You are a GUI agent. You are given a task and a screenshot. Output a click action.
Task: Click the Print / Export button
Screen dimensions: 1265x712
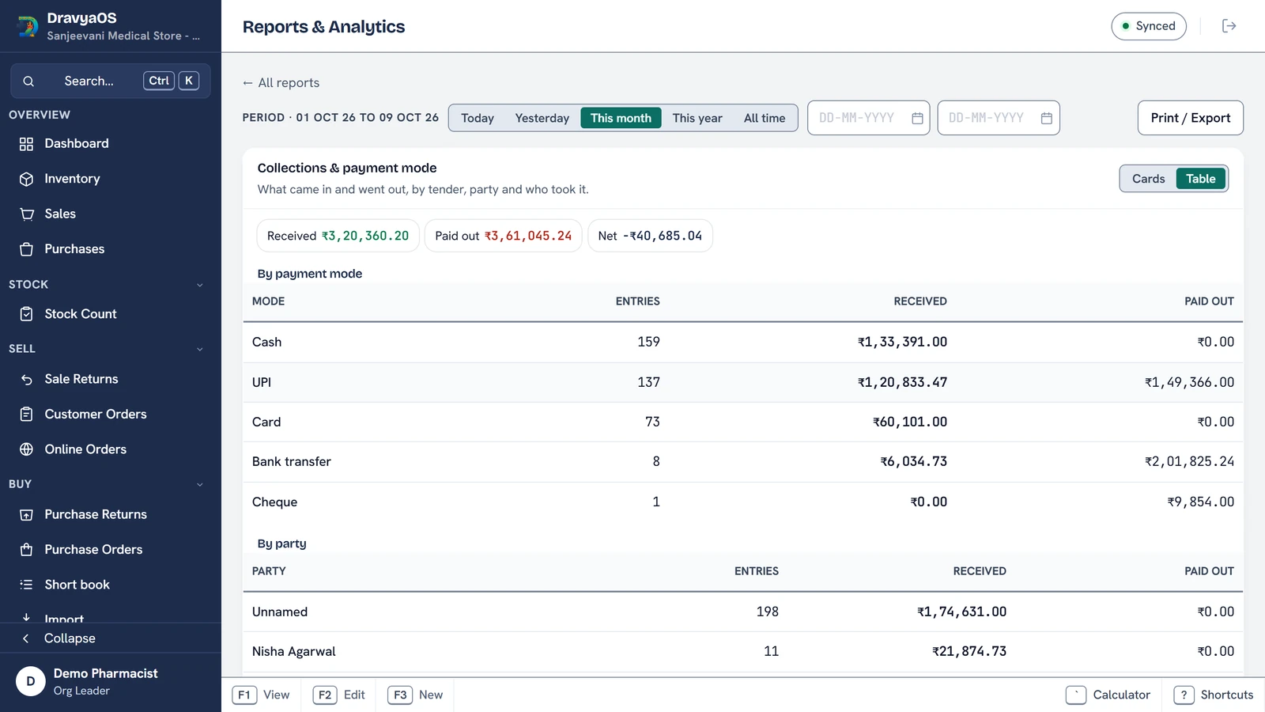click(1190, 118)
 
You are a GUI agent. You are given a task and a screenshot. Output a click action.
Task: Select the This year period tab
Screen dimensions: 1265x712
click(697, 118)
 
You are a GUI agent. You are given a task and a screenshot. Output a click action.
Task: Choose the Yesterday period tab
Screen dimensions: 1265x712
click(542, 118)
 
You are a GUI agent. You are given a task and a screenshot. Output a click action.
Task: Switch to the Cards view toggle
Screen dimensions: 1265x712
click(1148, 179)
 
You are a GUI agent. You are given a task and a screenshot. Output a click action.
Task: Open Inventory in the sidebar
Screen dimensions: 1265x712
click(72, 179)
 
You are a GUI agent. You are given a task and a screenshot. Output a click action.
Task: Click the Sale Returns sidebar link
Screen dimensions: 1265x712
click(81, 379)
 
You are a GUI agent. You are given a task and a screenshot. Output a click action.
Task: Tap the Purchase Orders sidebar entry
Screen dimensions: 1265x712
click(93, 549)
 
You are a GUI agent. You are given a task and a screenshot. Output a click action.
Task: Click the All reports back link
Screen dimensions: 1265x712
click(281, 82)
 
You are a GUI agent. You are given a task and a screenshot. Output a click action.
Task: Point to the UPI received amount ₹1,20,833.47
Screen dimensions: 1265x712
click(902, 382)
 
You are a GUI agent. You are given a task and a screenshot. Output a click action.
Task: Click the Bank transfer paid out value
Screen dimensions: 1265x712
click(1189, 461)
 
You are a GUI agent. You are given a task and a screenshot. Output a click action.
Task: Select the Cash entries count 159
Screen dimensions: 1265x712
click(648, 342)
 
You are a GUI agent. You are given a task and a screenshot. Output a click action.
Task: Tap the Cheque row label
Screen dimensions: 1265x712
click(274, 502)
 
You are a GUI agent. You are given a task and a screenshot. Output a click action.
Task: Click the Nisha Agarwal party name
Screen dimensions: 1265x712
click(293, 651)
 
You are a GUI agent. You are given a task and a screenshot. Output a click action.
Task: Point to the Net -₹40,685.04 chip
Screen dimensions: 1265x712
click(650, 236)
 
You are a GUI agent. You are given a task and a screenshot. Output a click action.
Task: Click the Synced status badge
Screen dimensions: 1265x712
click(1148, 26)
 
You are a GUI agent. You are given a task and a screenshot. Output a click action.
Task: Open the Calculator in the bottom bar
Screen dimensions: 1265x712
click(1108, 695)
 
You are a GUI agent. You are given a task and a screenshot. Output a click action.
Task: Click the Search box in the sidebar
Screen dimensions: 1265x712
click(110, 81)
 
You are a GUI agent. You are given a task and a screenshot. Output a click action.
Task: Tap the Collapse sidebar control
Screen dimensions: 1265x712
click(70, 638)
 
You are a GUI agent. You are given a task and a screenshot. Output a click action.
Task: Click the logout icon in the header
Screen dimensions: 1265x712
click(1229, 26)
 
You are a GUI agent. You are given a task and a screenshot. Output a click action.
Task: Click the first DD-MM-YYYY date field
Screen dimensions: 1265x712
click(868, 118)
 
